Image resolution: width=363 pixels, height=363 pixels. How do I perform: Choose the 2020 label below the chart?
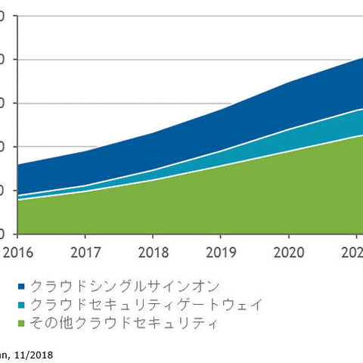(x=287, y=250)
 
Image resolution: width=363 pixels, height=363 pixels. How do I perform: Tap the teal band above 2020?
(x=287, y=141)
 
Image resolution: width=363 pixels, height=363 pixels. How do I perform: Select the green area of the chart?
(x=189, y=204)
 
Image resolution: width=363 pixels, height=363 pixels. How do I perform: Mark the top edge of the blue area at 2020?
(x=287, y=82)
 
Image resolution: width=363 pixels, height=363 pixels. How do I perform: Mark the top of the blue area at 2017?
(x=85, y=150)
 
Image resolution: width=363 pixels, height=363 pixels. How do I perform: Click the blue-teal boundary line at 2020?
(x=287, y=129)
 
